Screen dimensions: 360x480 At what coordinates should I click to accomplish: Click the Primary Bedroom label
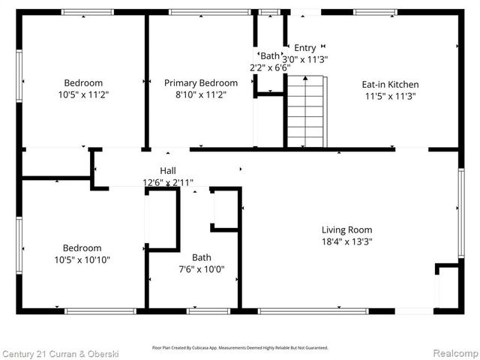click(201, 83)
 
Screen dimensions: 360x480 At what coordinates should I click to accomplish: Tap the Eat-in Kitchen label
click(391, 85)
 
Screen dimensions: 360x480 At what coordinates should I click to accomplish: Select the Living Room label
click(347, 230)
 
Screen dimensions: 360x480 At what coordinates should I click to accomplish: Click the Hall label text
click(168, 171)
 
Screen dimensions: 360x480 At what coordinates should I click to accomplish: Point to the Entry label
click(304, 48)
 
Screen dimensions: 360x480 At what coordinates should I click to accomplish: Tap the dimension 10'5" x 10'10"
click(82, 260)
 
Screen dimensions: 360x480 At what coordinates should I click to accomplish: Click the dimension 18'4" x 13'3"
click(347, 241)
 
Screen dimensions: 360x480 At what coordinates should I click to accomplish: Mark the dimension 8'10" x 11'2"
click(201, 94)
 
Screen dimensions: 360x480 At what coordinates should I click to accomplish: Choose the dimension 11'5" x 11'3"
click(391, 96)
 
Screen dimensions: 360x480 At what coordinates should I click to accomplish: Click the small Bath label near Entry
click(269, 56)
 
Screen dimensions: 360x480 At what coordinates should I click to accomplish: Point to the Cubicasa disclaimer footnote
click(240, 347)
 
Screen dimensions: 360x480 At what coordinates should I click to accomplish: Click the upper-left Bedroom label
click(83, 83)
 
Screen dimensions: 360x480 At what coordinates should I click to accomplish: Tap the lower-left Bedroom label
click(82, 248)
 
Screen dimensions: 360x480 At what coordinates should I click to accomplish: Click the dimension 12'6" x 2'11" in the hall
click(168, 182)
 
